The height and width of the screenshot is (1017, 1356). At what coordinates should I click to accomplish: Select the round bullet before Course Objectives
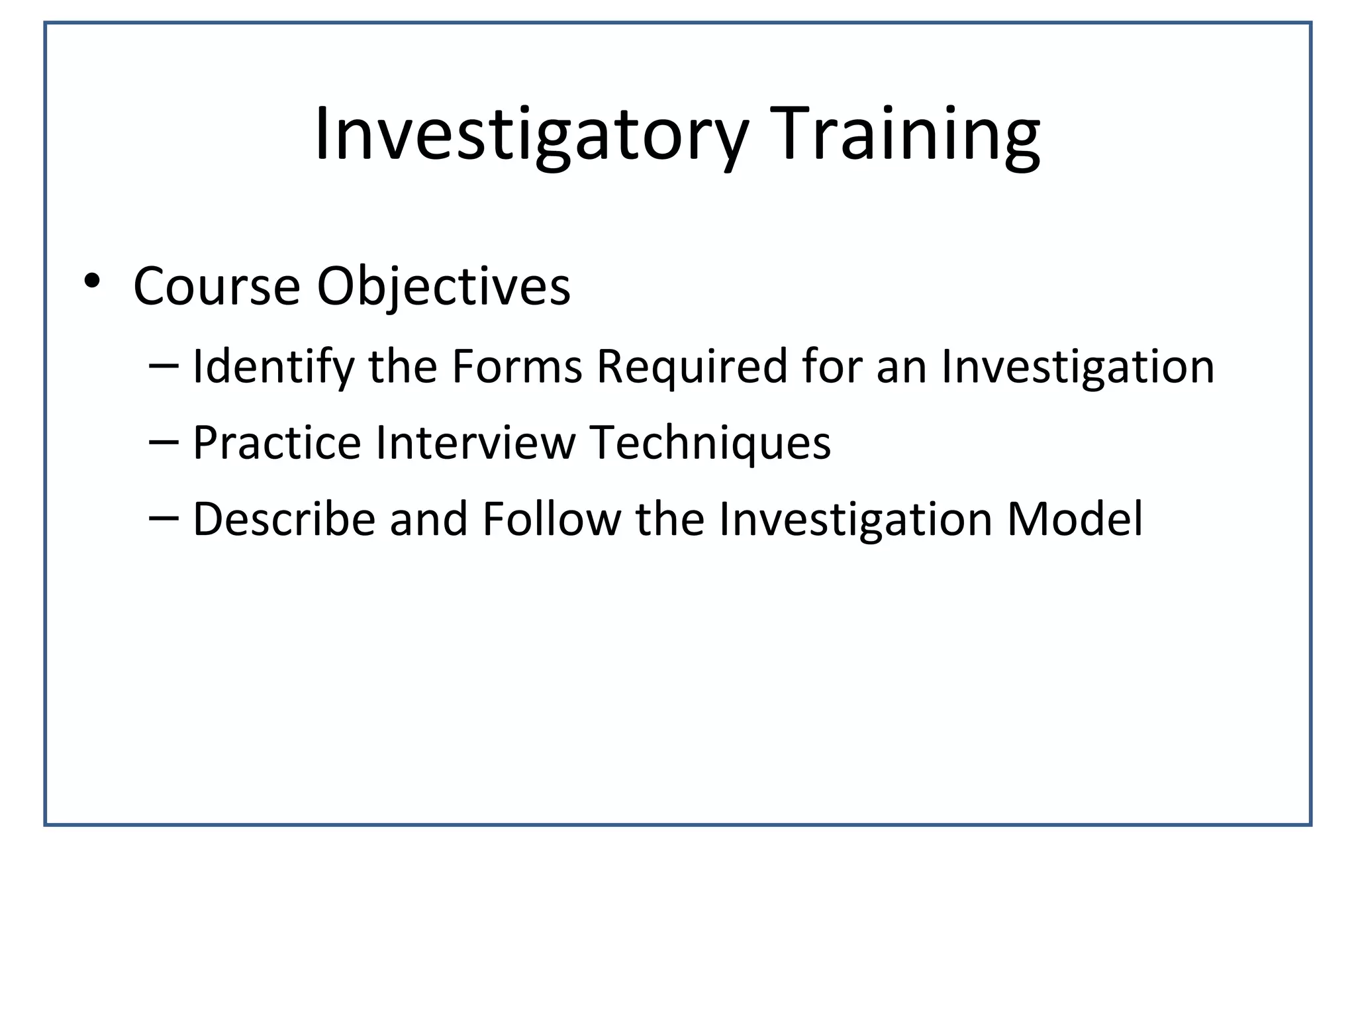[x=92, y=281]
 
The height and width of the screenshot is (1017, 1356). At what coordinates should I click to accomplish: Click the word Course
[x=217, y=287]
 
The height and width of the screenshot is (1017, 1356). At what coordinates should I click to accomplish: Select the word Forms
[x=516, y=366]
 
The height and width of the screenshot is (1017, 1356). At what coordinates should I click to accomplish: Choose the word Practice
[x=277, y=442]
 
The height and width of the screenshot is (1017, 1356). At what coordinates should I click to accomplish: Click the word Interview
[x=475, y=442]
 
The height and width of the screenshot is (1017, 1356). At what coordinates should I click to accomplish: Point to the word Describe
[x=284, y=518]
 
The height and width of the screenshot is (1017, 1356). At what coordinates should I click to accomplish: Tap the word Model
[x=1075, y=518]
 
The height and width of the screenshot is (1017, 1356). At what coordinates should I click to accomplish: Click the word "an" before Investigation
[x=900, y=369]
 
